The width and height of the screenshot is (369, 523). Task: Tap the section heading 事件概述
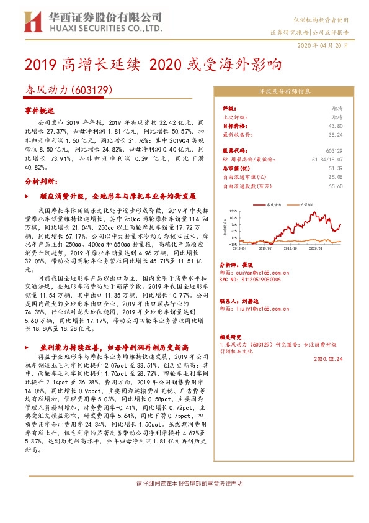click(x=40, y=109)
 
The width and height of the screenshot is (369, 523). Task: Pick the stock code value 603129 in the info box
click(x=334, y=150)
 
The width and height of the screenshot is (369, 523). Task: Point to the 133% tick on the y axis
click(x=232, y=211)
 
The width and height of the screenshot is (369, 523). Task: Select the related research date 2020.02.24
click(x=329, y=358)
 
